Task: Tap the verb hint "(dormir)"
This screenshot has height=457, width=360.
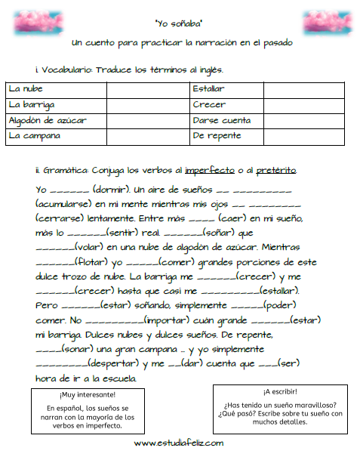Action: [x=89, y=188]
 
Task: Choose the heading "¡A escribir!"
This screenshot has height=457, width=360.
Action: [x=280, y=392]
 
